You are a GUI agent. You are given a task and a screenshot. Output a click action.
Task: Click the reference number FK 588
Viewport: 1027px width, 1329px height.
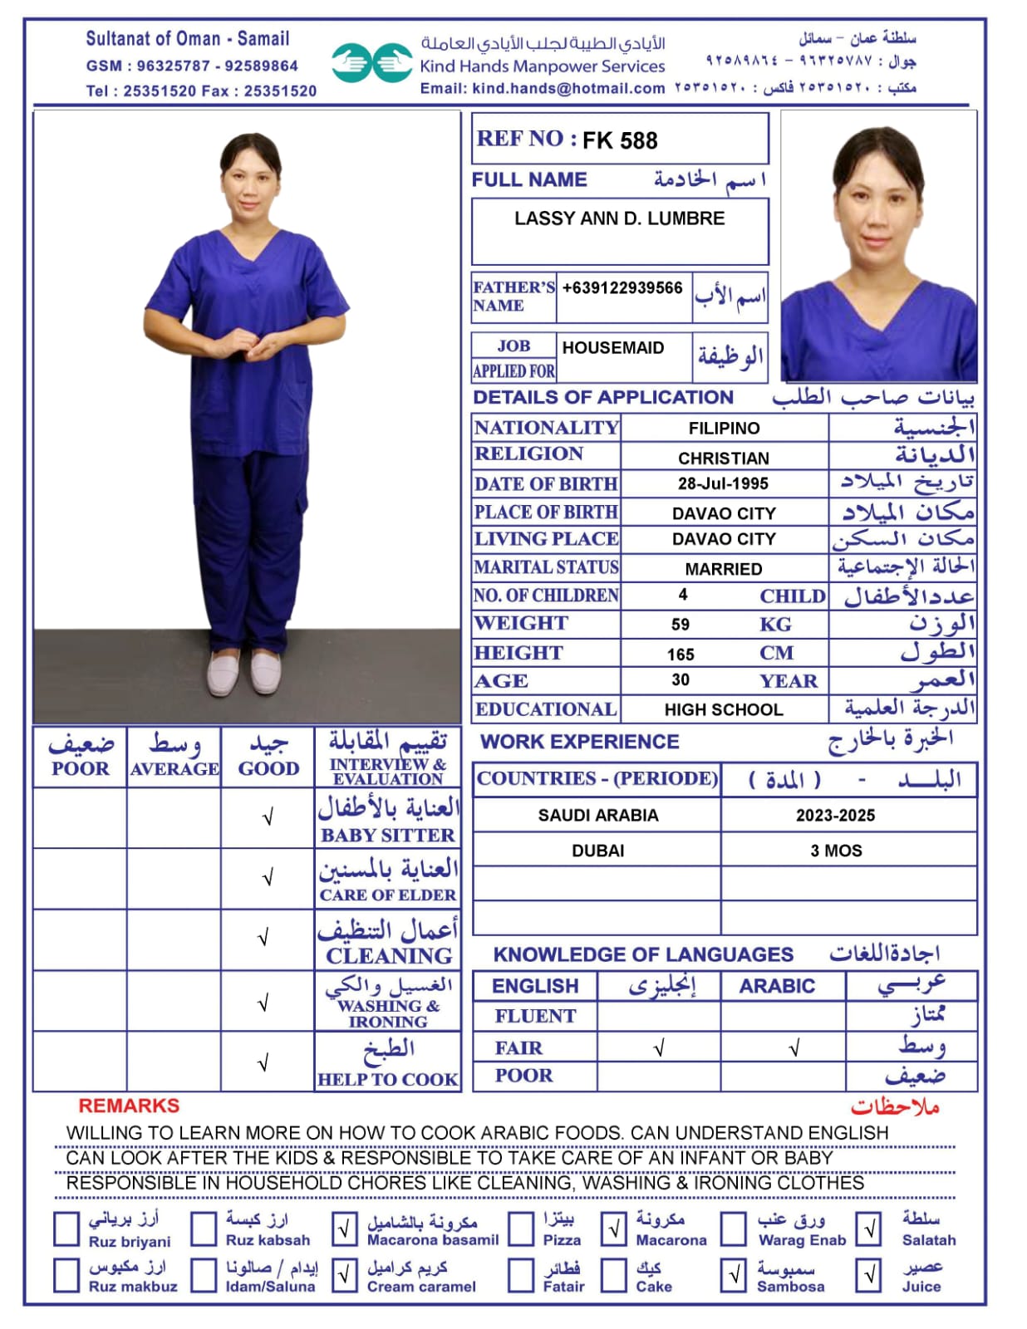[x=619, y=140]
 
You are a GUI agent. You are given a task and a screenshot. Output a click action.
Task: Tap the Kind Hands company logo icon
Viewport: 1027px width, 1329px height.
[x=371, y=63]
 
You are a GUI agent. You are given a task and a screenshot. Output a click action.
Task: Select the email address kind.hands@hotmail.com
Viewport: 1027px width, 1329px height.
[x=568, y=88]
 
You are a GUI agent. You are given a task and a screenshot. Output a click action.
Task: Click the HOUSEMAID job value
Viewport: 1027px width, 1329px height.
[x=612, y=348]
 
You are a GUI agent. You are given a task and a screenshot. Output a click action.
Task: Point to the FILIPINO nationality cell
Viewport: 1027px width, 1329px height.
[x=724, y=429]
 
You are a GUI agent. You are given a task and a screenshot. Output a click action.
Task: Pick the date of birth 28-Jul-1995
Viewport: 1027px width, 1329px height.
[x=723, y=483]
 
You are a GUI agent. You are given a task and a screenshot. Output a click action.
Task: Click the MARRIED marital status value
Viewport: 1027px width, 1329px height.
[x=723, y=569]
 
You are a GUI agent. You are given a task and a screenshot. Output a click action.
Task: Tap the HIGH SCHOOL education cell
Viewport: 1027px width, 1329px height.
[x=723, y=709]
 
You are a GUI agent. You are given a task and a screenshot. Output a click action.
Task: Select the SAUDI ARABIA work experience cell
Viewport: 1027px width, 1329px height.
[x=597, y=816]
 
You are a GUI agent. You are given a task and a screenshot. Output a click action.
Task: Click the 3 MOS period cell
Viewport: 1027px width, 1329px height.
[x=836, y=851]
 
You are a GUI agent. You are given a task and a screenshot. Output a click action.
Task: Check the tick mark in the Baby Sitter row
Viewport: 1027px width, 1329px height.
[x=268, y=818]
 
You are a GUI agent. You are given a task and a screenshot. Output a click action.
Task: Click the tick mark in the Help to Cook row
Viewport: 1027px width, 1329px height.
[x=263, y=1062]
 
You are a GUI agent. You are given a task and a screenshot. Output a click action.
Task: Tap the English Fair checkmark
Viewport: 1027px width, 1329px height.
[x=659, y=1048]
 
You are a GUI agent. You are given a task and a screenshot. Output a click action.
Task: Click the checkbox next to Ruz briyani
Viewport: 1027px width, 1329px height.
[x=66, y=1228]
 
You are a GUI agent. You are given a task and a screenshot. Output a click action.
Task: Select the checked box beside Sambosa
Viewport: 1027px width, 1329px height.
[x=735, y=1275]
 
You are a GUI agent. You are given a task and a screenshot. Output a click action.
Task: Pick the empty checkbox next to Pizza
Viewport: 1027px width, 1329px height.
[x=521, y=1228]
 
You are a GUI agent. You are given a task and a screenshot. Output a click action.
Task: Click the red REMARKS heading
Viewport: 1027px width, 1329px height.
[x=129, y=1106]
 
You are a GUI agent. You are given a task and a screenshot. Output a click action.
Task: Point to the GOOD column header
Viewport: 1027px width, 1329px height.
[x=268, y=768]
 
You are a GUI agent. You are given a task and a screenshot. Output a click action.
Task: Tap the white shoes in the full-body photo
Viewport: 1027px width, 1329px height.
[x=245, y=672]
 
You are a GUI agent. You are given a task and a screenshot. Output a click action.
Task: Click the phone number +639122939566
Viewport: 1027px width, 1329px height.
[x=622, y=288]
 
